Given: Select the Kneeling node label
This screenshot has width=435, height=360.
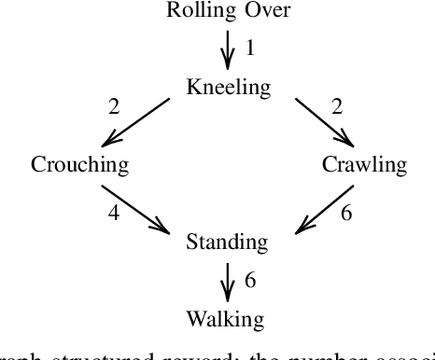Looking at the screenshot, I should tap(228, 89).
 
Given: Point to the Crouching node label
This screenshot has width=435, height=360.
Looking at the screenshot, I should tap(79, 165).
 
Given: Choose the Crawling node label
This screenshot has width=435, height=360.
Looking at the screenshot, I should tap(364, 165).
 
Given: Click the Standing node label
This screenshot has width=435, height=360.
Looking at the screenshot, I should tap(228, 242).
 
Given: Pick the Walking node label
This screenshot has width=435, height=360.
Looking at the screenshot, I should tap(225, 320).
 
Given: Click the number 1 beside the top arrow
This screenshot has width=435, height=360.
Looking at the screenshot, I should tap(249, 46).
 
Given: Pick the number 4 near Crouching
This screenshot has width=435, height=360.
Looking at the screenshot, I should tap(114, 214).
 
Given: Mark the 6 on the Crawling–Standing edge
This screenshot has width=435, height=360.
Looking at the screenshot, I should tap(345, 214).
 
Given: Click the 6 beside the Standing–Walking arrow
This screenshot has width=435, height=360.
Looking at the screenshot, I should tap(249, 279).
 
